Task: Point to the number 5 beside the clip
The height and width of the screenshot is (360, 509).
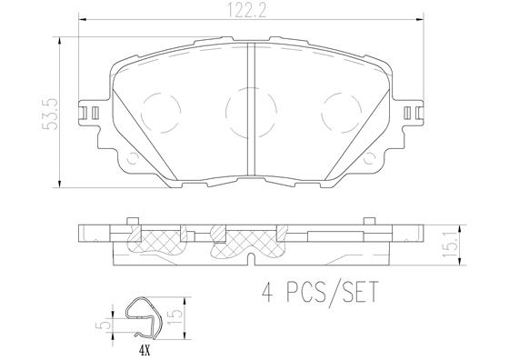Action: point(107,324)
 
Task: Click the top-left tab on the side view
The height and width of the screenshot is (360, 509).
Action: point(133,221)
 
